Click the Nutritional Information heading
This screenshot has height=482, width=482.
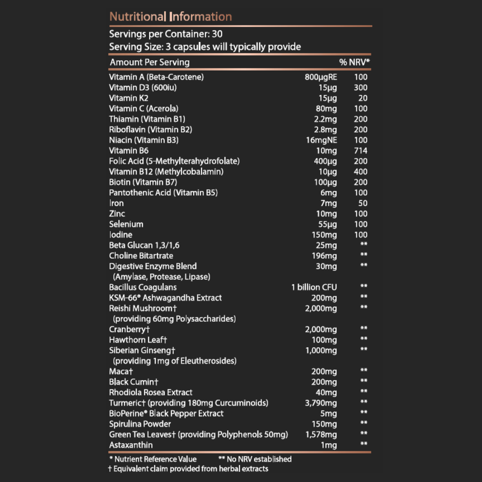tap(170, 17)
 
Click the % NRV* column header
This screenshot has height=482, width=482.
tap(355, 62)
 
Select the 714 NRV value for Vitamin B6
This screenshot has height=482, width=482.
tap(360, 151)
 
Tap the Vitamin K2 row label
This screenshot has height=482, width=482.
tap(129, 98)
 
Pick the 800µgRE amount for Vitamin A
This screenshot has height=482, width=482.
tap(320, 77)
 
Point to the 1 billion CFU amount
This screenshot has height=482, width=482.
tap(314, 287)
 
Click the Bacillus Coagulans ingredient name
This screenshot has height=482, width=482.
tap(143, 287)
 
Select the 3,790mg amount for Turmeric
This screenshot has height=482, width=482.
tap(321, 403)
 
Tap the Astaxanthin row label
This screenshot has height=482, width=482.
tap(131, 445)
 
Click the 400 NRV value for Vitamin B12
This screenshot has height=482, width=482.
tap(360, 172)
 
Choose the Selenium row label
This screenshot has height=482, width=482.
tap(126, 224)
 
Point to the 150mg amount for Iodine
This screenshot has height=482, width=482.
tap(324, 235)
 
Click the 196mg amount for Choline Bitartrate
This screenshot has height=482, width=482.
tap(324, 256)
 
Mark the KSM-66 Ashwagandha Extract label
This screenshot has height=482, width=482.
tap(165, 298)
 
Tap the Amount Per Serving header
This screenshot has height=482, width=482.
tap(150, 62)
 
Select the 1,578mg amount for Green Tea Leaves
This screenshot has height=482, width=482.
tap(321, 435)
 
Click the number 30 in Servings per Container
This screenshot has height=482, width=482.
tap(217, 34)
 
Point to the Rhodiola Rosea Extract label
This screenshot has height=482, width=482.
tap(150, 392)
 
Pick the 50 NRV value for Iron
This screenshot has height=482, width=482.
tap(363, 203)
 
